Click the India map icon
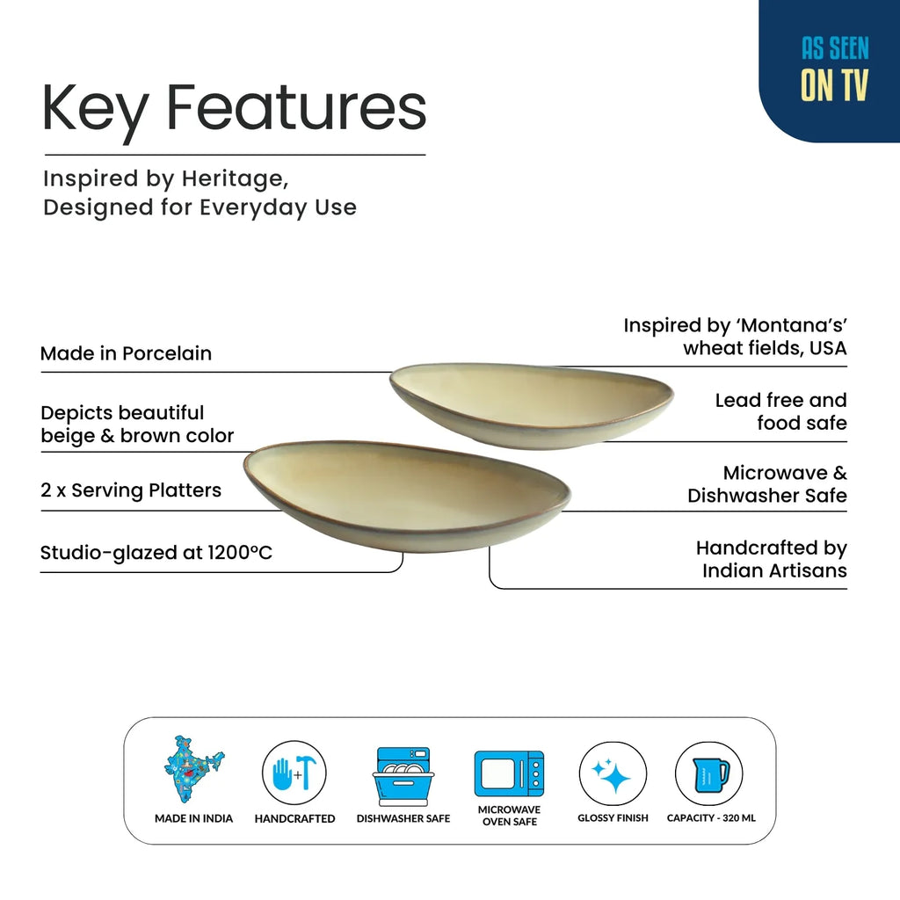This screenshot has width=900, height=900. coord(194,769)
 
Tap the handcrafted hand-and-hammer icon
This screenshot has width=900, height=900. coord(294,773)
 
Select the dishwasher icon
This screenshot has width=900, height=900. coord(403,776)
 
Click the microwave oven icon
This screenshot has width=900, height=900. coord(509,773)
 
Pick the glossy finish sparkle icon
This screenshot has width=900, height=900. coord(613,773)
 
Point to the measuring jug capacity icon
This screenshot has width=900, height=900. coord(709,773)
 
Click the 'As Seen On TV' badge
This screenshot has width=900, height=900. coord(830,70)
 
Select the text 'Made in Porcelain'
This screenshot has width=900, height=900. coord(127,353)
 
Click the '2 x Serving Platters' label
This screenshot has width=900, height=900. coord(131,490)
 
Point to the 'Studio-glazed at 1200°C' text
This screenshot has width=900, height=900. coord(156,553)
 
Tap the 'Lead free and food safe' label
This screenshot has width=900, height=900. coord(781,411)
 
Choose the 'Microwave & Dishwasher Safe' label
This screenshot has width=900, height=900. coord(767,484)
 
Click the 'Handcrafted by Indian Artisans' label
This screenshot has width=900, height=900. coord(772,559)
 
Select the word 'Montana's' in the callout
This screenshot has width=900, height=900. coord(792,325)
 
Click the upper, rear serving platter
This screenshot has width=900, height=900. coord(532,404)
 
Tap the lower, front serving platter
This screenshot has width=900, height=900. coord(406,497)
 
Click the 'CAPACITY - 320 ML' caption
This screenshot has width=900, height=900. coord(711,818)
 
